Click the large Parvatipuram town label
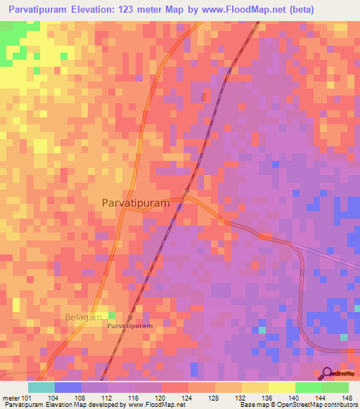[136, 202]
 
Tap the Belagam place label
[83, 317]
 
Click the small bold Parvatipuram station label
[130, 327]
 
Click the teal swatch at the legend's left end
[41, 387]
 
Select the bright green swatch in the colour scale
[308, 387]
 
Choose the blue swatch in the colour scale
[68, 387]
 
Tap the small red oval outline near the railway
[204, 97]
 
